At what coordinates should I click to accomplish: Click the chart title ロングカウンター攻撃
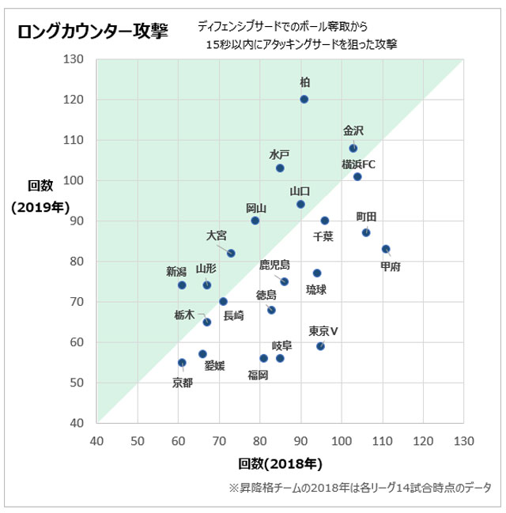tap(93, 31)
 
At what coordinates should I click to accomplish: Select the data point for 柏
tap(304, 99)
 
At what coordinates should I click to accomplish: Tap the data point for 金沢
tap(353, 148)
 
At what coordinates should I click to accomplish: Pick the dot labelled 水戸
tap(280, 168)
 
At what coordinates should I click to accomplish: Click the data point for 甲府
tap(386, 249)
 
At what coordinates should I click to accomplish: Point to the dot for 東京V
tap(320, 346)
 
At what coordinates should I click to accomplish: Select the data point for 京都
tap(182, 363)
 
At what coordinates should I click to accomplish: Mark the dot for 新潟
tap(182, 285)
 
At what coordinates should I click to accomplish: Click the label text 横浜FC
tap(359, 164)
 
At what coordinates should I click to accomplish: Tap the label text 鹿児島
tap(274, 264)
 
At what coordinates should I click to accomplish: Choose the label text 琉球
tap(316, 290)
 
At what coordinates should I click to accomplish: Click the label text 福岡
tap(258, 375)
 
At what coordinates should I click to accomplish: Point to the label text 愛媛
tap(214, 366)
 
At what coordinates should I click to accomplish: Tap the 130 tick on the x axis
tap(464, 439)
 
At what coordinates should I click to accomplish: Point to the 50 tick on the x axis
tap(137, 439)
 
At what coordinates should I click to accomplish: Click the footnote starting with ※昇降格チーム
tap(360, 487)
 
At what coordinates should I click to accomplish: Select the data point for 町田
tap(366, 232)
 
